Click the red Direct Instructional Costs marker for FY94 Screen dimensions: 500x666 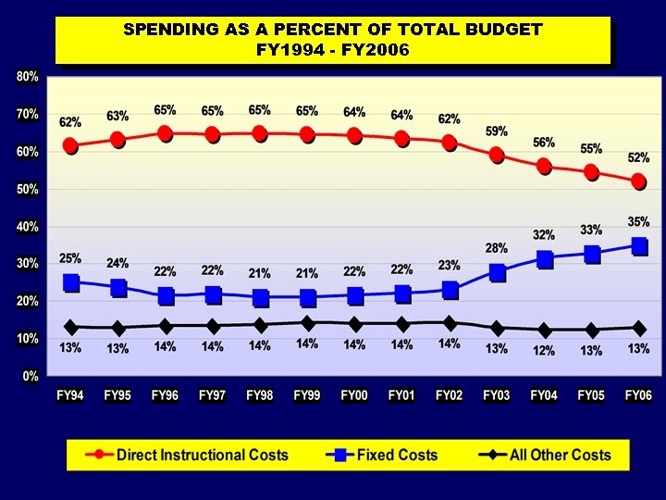coord(70,145)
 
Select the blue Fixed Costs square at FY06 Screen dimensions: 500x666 coord(639,246)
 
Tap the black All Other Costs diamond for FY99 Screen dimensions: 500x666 coord(307,323)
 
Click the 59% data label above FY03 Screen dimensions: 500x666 coord(497,131)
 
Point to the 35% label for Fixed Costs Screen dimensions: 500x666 coord(639,222)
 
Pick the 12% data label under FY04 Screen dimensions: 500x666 coord(544,350)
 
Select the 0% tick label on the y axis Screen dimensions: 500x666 coord(30,376)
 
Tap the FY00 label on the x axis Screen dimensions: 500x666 coord(354,395)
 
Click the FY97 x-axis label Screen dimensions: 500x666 coord(213,395)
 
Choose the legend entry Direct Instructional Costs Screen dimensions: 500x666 coord(202,455)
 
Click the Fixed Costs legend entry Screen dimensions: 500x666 coord(397,455)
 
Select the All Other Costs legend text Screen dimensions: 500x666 coord(561,455)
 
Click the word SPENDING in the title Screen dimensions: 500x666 coord(172,30)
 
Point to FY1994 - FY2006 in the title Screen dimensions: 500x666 coord(332,49)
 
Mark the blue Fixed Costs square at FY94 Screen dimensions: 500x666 coord(70,283)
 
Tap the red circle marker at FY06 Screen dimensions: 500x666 coord(639,181)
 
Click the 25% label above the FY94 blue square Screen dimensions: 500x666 coord(70,258)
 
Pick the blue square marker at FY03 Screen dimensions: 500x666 coord(497,272)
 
